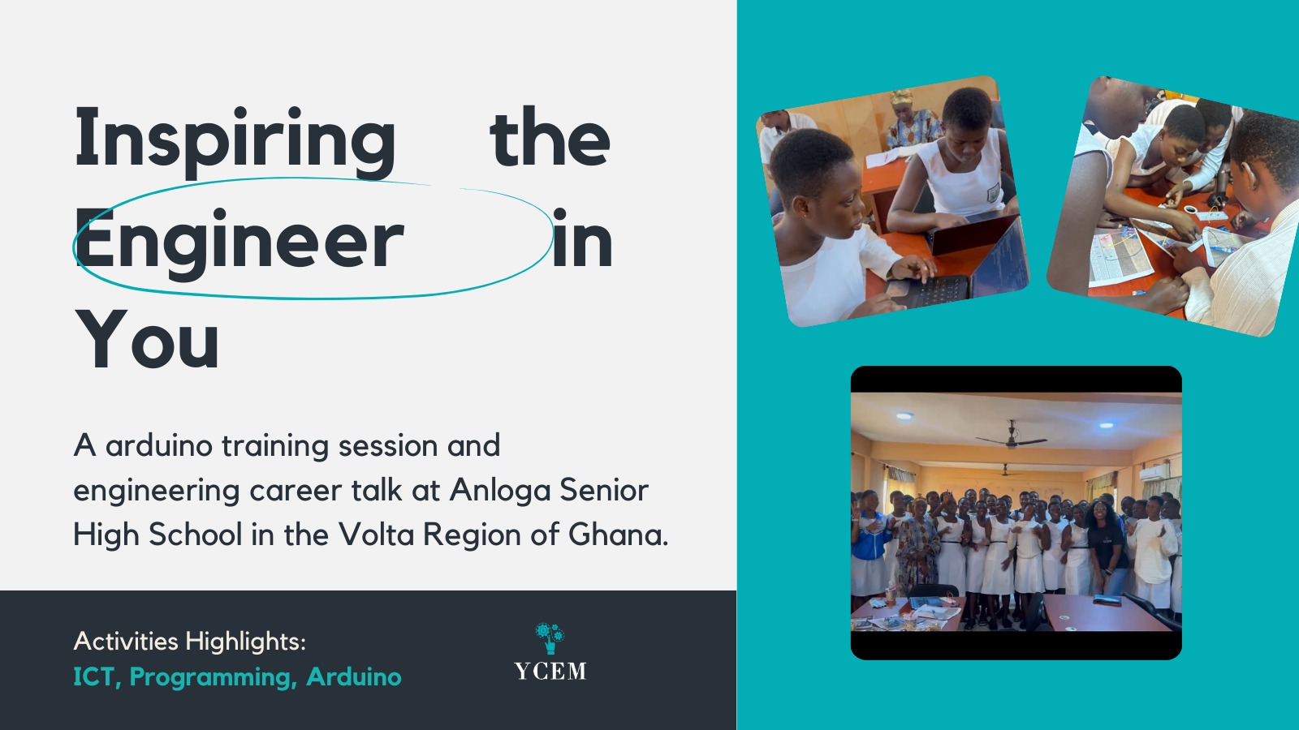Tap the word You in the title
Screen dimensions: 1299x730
pyautogui.click(x=147, y=340)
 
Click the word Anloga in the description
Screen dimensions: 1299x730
pyautogui.click(x=499, y=490)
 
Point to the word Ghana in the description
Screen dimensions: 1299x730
pyautogui.click(x=618, y=535)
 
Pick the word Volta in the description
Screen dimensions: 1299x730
pyautogui.click(x=377, y=535)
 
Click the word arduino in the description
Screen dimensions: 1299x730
pyautogui.click(x=158, y=445)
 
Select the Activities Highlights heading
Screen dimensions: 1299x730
pyautogui.click(x=190, y=642)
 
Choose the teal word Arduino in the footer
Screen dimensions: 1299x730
pyautogui.click(x=354, y=676)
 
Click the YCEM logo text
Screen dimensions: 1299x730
pyautogui.click(x=550, y=671)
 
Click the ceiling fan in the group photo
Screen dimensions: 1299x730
pyautogui.click(x=1012, y=437)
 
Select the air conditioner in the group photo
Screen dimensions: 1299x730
pyautogui.click(x=1154, y=473)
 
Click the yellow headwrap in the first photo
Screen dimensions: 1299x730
pyautogui.click(x=902, y=97)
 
